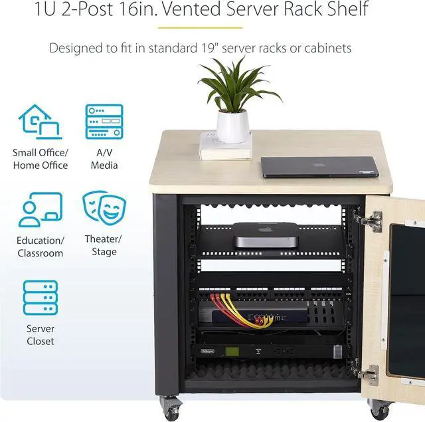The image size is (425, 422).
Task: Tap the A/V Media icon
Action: click(x=104, y=121)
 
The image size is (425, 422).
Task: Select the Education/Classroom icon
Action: click(x=40, y=209)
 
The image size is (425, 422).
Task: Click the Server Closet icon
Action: click(x=41, y=297)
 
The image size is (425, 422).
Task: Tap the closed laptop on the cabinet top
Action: click(x=319, y=167)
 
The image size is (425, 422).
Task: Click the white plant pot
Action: click(x=233, y=126)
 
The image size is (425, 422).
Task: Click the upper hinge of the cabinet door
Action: click(x=369, y=219)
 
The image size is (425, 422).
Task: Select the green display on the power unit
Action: click(x=232, y=350)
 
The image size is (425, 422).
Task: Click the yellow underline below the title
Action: click(x=212, y=29)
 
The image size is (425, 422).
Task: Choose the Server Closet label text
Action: click(x=41, y=334)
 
